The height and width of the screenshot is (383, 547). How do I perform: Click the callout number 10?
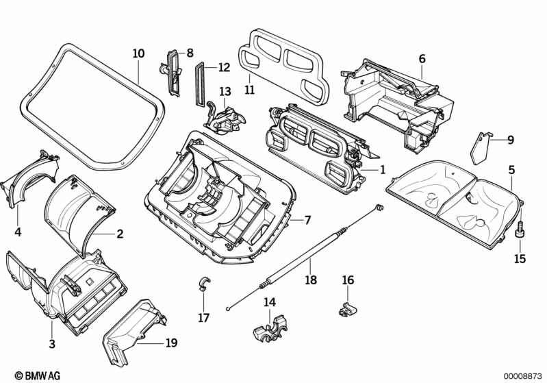tap(138, 53)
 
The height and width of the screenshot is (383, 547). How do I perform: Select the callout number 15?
tap(520, 259)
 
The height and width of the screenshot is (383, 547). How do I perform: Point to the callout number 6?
tap(422, 59)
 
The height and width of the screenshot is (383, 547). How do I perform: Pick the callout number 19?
tap(170, 343)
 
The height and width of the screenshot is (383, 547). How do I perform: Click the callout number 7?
tap(307, 220)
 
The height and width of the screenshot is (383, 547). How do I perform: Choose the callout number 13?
tap(225, 91)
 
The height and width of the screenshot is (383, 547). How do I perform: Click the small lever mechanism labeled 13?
tap(225, 118)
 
